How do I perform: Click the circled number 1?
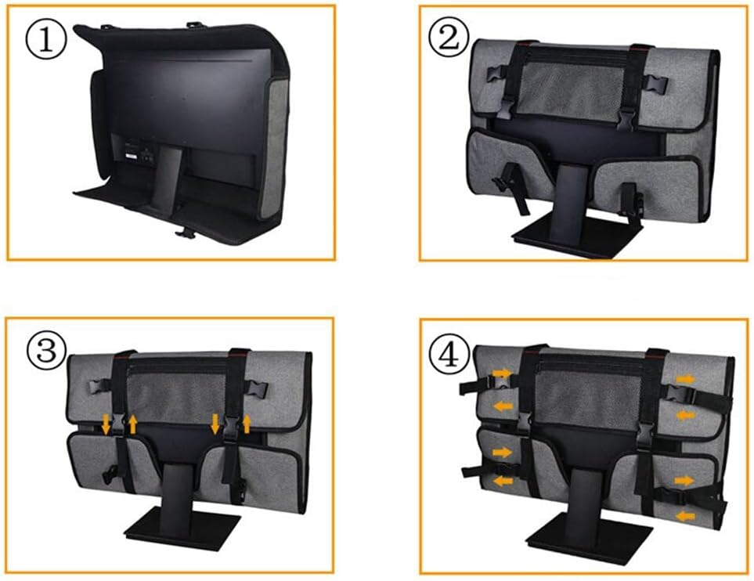[45, 39]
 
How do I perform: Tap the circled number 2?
[449, 38]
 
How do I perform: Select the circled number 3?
[47, 351]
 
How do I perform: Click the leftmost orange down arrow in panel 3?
[106, 424]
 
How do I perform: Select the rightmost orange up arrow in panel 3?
[247, 424]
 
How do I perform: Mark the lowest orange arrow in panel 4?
[685, 516]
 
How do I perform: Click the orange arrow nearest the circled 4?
[503, 373]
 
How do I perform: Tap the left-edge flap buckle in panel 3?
[99, 386]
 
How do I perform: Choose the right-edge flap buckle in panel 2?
[655, 84]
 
